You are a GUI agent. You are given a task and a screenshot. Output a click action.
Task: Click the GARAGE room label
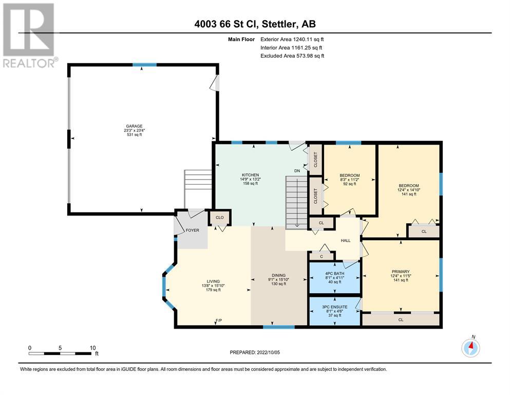(x=135, y=127)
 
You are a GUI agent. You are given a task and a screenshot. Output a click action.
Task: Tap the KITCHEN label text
(x=250, y=175)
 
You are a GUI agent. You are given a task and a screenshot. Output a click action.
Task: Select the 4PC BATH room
(x=335, y=277)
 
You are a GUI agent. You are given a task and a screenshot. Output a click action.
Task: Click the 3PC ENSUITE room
(x=335, y=311)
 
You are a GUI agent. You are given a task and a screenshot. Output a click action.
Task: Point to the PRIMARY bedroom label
(x=401, y=272)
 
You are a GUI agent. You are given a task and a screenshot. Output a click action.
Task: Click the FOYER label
(x=192, y=230)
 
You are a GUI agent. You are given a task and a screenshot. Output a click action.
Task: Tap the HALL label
(x=346, y=241)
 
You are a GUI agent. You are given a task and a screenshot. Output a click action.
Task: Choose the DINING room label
(x=279, y=275)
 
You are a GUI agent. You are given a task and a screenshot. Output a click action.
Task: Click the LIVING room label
(x=213, y=281)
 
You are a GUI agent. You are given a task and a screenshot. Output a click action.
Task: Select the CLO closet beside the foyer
(x=219, y=218)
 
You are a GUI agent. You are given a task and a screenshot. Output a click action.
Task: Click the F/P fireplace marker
(x=219, y=321)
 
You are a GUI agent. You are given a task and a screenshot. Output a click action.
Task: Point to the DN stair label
(x=297, y=171)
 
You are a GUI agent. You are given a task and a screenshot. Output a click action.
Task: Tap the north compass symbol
(x=470, y=348)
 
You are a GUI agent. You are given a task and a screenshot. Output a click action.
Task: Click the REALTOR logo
(x=29, y=35)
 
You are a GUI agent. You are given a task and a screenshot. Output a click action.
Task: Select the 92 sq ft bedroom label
(x=350, y=184)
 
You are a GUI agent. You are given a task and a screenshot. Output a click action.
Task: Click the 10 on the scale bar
(x=92, y=348)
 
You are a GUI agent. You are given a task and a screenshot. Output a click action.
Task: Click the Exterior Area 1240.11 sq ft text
(x=292, y=40)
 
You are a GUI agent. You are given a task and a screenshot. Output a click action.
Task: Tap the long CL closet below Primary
(x=401, y=319)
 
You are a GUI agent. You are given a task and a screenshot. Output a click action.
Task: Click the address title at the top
(x=255, y=24)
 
